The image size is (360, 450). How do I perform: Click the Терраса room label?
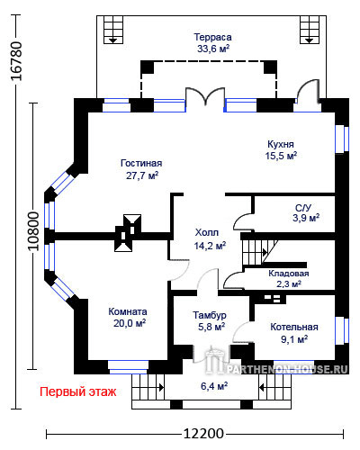(212, 37)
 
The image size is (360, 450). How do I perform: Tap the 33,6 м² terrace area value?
(213, 49)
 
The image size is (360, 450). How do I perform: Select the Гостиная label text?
(141, 163)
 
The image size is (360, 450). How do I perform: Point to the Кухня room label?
(281, 144)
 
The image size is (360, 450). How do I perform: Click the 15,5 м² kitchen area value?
(281, 156)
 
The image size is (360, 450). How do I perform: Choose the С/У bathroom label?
(303, 208)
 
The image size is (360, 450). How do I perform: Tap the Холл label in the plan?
(207, 232)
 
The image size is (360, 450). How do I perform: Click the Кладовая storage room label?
(289, 274)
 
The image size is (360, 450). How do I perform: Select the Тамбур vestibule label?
(210, 315)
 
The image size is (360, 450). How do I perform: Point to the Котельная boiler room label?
(294, 327)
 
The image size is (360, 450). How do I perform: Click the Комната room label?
(128, 311)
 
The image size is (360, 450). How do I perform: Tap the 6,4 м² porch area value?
(214, 386)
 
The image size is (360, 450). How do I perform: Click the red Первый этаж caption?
(78, 391)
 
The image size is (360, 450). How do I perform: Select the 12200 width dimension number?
(203, 434)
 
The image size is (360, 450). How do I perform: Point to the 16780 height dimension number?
(17, 61)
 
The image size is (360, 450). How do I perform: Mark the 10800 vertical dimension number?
(33, 231)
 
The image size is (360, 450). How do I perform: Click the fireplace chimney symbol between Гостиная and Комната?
(128, 233)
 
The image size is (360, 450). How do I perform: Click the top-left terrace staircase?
(112, 30)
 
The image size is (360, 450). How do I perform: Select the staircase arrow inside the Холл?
(265, 252)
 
